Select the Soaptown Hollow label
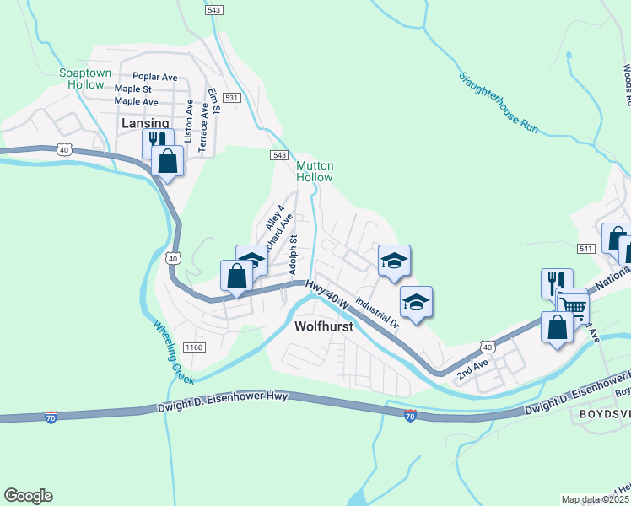(85, 78)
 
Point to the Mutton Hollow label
(314, 171)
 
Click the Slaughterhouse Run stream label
(499, 103)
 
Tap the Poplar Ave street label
(155, 76)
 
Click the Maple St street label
(133, 89)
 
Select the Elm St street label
(215, 103)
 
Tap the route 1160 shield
(194, 347)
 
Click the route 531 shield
(234, 99)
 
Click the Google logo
(28, 496)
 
